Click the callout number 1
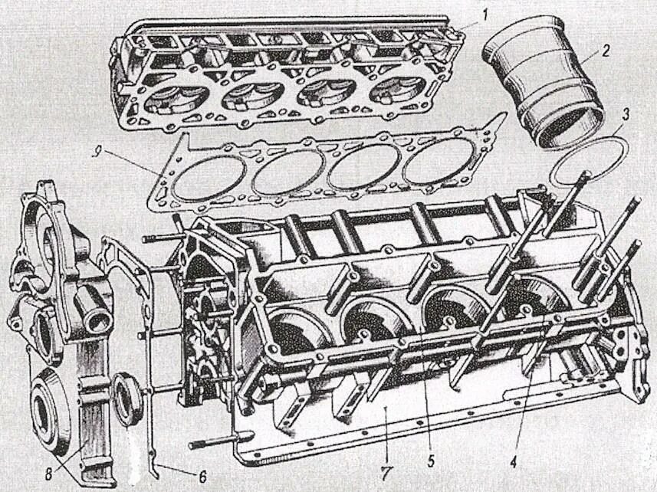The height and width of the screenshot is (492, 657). click(x=485, y=13)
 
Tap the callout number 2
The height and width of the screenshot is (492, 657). click(x=606, y=51)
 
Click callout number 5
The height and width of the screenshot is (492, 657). click(x=431, y=461)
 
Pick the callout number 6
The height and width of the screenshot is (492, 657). click(x=202, y=476)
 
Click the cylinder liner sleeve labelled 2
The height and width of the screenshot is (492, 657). click(x=544, y=84)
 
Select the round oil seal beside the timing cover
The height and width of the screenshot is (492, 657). click(x=127, y=398)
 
